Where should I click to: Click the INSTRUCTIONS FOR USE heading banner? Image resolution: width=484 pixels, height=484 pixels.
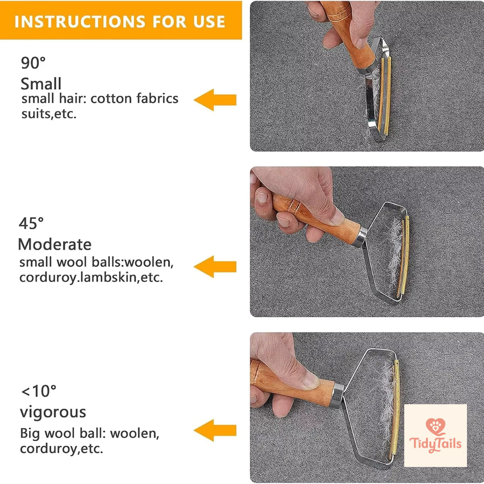[x=120, y=21]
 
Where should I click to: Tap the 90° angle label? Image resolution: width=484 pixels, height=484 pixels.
[x=33, y=63]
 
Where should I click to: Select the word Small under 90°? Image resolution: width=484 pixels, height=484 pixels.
[x=41, y=84]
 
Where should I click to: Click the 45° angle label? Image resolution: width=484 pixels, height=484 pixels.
[x=31, y=223]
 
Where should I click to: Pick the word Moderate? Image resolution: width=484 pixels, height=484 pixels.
[x=55, y=244]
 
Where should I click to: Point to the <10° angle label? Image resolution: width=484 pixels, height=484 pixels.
[x=39, y=391]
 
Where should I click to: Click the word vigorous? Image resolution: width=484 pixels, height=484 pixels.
[x=53, y=412]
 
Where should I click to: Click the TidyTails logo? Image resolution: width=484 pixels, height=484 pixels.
[x=435, y=435]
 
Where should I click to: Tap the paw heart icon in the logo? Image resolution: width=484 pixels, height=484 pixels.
[x=433, y=426]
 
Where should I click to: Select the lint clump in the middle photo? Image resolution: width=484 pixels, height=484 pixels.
[x=395, y=251]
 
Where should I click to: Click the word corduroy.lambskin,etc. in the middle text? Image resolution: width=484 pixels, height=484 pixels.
[x=91, y=277]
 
